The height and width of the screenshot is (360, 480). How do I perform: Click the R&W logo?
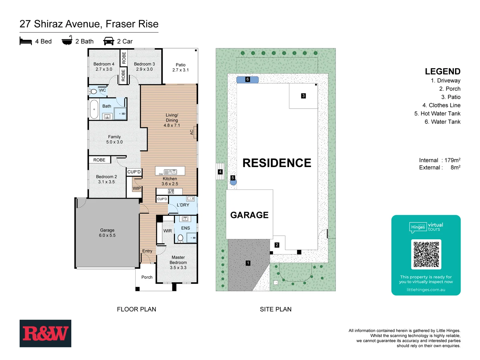(45, 333)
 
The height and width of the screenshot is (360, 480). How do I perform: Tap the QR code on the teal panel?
(426, 254)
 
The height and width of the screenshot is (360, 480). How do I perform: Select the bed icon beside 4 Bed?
(26, 41)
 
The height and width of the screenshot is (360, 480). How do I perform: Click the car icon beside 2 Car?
(109, 41)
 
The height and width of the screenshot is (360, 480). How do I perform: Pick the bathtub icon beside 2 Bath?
(67, 40)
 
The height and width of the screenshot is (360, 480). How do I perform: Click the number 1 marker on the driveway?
(248, 263)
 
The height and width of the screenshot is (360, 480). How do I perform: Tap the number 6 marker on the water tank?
(247, 79)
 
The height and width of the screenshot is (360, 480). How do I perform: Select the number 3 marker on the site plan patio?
(303, 96)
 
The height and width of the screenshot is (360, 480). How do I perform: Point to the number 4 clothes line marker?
(220, 172)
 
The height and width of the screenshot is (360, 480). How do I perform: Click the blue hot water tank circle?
(233, 182)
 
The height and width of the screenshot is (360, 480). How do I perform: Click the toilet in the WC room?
(94, 91)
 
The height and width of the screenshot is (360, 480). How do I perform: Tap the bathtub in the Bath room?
(94, 109)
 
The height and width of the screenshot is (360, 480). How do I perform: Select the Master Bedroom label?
(178, 262)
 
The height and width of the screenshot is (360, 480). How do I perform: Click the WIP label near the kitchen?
(137, 188)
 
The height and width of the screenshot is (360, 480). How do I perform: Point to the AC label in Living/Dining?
(192, 132)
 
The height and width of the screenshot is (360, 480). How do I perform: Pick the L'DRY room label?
(183, 205)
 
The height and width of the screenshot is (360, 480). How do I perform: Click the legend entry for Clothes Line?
(441, 105)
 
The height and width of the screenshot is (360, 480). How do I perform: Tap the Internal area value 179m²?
(452, 160)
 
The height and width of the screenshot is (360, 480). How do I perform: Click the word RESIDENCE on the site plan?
(277, 163)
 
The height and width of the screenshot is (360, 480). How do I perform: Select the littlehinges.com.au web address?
(426, 290)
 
